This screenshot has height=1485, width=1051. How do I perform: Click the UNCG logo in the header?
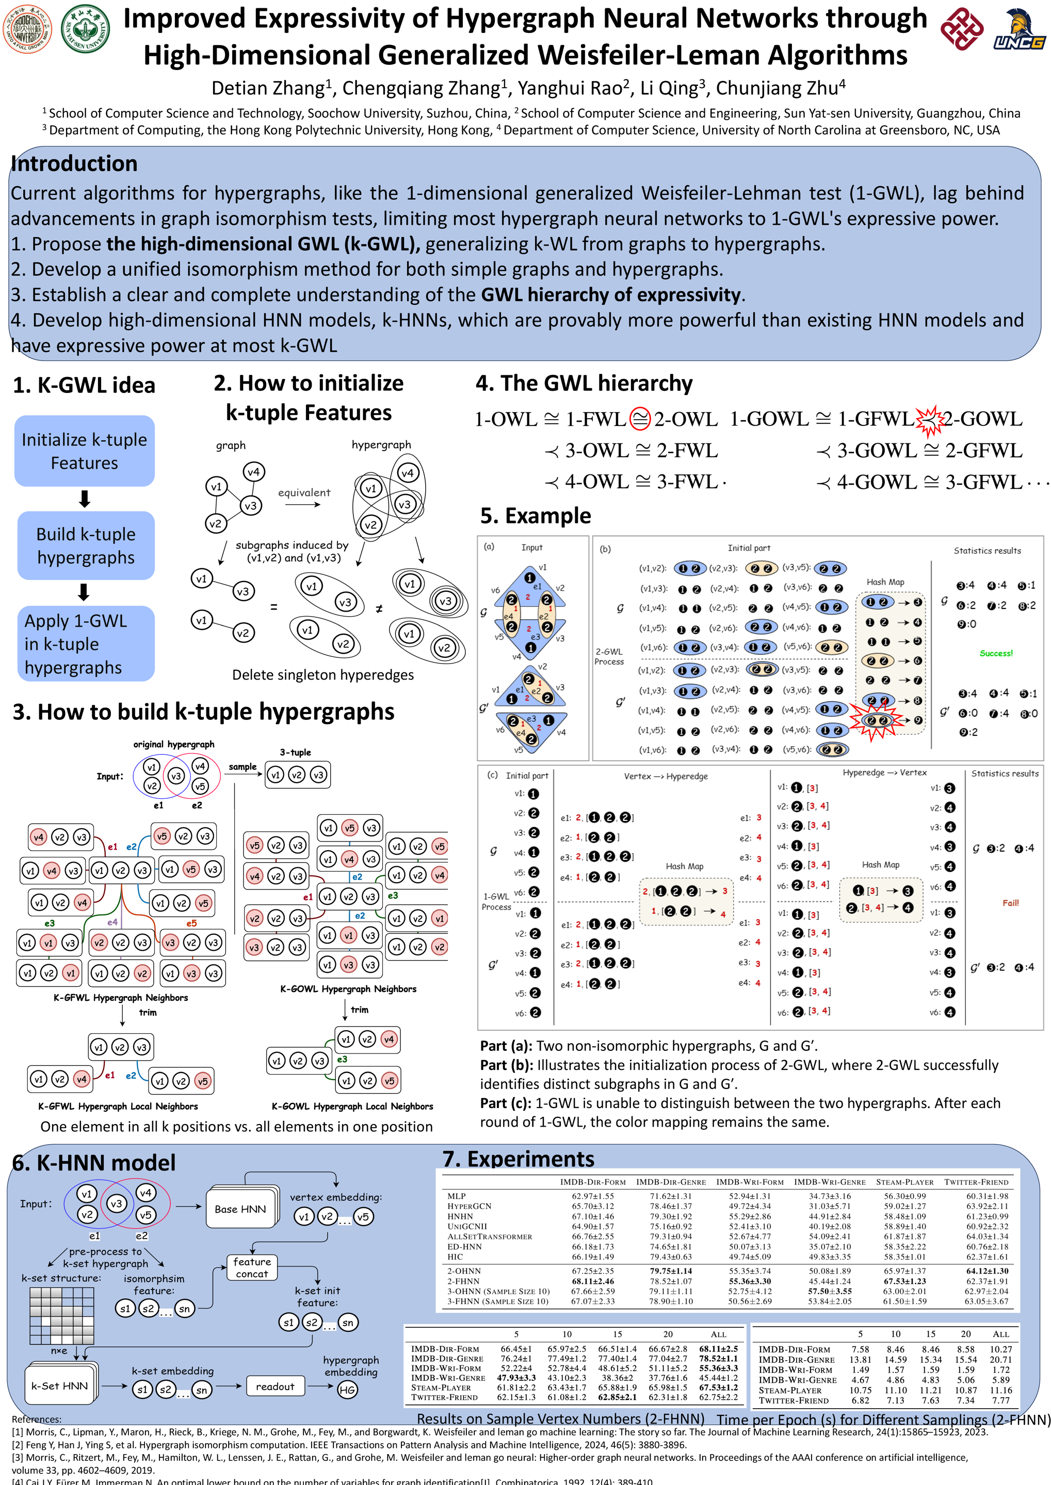point(1020,30)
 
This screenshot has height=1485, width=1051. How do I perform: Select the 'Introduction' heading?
point(74,163)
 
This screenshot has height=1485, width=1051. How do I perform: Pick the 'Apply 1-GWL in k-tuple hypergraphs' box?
point(85,644)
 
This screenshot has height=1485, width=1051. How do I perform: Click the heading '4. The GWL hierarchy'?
point(584,384)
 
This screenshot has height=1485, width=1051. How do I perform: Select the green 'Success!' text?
point(996,653)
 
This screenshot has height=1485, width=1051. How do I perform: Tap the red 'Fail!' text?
point(1010,903)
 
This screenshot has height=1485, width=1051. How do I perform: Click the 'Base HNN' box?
point(240,1210)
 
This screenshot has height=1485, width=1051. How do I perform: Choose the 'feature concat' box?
point(252,1268)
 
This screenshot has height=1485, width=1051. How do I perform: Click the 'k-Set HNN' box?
point(59,1386)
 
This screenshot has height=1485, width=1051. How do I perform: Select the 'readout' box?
point(275,1387)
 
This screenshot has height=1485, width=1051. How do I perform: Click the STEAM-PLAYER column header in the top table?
point(905,1182)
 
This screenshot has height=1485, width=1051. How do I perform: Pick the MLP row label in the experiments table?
point(457,1196)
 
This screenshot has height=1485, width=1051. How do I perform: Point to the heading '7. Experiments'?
point(518,1159)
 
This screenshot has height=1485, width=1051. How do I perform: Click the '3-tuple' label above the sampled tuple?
point(295,752)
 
